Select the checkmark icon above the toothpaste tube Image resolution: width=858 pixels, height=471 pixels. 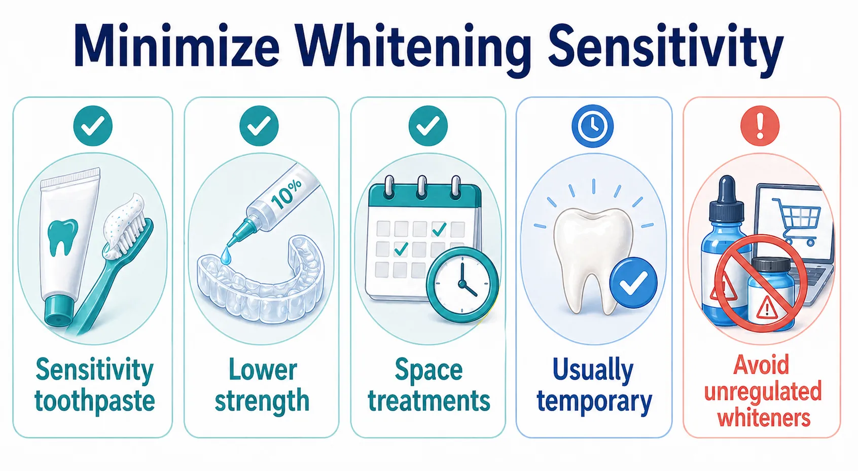coord(93,126)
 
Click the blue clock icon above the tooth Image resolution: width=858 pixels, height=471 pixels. coord(592,126)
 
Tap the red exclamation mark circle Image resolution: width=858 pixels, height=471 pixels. coord(760,126)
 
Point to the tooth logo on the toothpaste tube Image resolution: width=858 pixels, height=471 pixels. coord(62,236)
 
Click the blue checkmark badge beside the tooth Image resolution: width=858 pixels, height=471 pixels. coord(633,282)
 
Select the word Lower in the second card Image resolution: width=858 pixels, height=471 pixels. coord(262,370)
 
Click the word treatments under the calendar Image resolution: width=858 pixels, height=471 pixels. coord(429,401)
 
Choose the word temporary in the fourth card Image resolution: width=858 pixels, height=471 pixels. coord(594,402)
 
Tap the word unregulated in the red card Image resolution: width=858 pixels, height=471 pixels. coord(763,391)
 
